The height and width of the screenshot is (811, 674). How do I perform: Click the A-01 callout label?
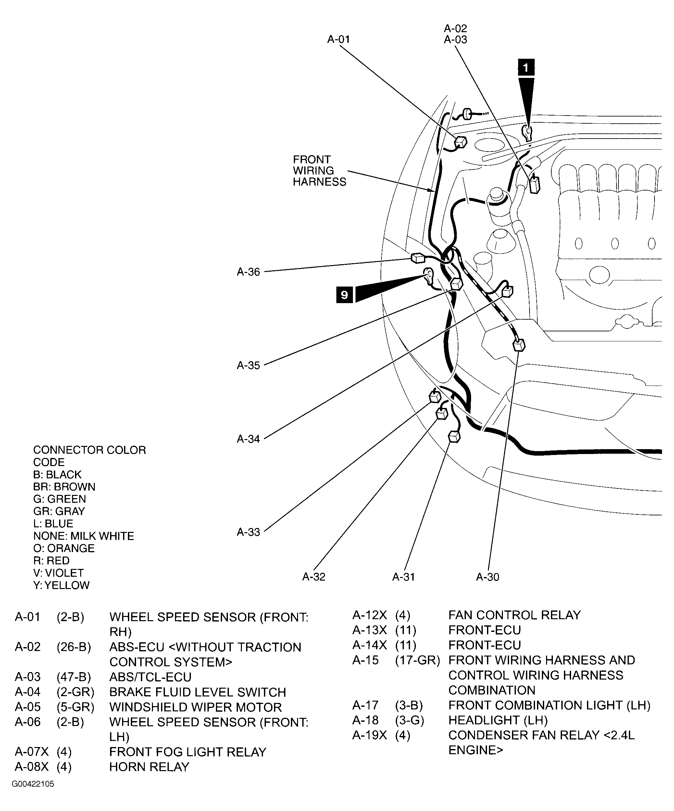click(338, 39)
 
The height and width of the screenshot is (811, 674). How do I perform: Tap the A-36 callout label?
click(248, 272)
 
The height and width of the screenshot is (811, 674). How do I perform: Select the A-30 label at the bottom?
click(487, 577)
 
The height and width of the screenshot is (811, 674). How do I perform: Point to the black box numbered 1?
click(526, 68)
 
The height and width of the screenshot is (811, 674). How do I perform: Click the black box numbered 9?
click(344, 295)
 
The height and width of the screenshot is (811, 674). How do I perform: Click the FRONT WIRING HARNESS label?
click(319, 171)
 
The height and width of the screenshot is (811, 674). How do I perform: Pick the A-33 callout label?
click(248, 532)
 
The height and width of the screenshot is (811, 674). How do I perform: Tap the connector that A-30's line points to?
click(519, 344)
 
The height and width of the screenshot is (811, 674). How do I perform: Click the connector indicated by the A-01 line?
click(460, 142)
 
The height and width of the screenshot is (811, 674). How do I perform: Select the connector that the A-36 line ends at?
click(418, 258)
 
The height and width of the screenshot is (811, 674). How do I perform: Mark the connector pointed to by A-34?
click(507, 291)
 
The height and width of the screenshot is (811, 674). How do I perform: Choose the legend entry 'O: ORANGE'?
click(64, 548)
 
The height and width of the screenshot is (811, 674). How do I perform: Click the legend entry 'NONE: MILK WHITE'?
click(83, 536)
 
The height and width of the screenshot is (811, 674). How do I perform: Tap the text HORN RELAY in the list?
click(149, 767)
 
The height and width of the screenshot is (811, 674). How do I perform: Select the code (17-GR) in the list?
click(417, 660)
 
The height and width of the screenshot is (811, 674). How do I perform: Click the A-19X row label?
click(369, 735)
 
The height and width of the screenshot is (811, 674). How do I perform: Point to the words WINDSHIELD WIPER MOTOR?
click(195, 707)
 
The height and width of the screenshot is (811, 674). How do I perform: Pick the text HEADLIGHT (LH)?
click(498, 720)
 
